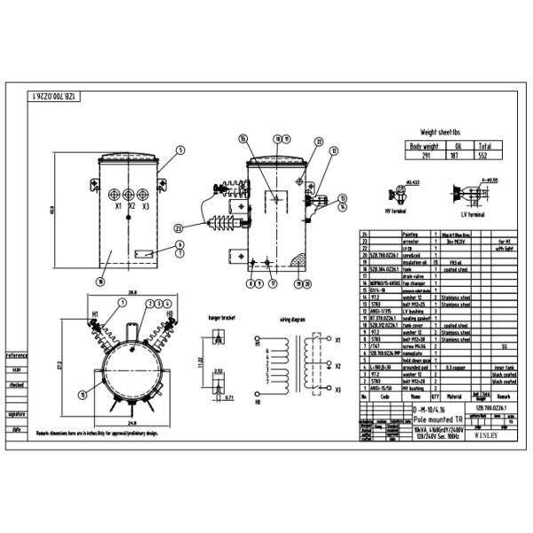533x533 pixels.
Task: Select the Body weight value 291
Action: pos(423,155)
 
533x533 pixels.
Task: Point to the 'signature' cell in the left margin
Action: pos(15,414)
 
